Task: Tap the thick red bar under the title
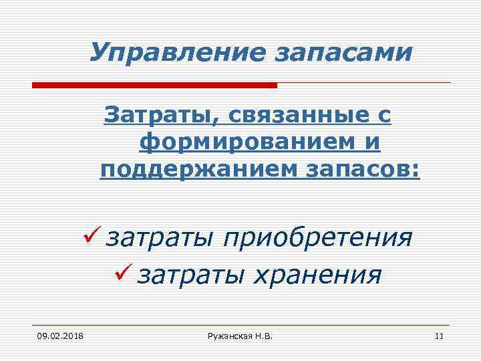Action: [x=154, y=86]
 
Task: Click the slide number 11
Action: [x=439, y=335]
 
